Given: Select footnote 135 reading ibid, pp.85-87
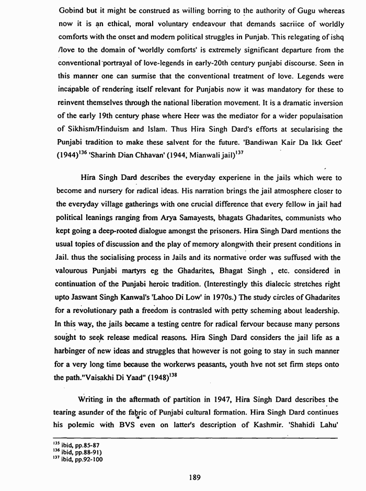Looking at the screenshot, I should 77,446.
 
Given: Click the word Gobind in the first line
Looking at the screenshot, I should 69,10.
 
